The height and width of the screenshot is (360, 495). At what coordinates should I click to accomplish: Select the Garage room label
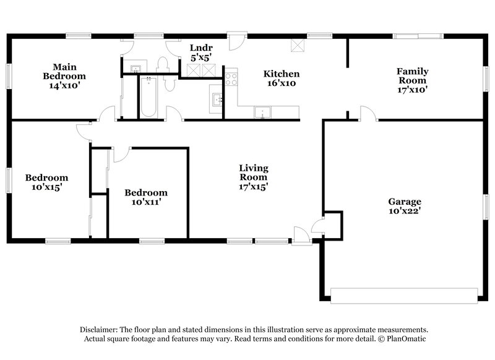(405, 202)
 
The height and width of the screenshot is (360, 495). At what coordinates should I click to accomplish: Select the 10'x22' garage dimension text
(405, 211)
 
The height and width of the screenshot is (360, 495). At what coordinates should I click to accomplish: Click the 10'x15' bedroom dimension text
(46, 187)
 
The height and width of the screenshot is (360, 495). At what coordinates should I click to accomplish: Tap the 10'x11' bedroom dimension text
(145, 202)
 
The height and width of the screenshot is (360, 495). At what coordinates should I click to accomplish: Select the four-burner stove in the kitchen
(231, 79)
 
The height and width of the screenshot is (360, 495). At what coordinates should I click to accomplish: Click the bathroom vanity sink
(137, 67)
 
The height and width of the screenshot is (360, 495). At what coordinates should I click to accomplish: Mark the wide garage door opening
(405, 295)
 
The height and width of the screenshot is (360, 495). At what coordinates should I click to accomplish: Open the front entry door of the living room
(301, 235)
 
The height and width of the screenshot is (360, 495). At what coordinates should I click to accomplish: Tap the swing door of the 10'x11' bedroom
(121, 153)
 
